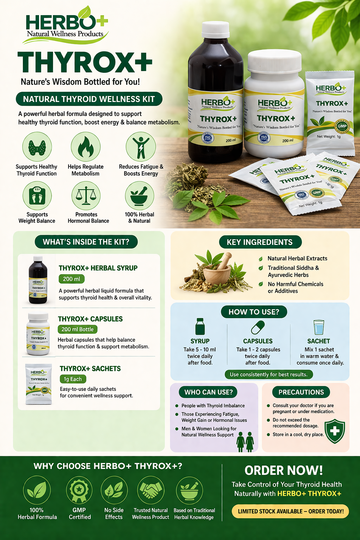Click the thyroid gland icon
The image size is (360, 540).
37,147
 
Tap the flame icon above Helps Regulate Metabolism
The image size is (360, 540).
85,147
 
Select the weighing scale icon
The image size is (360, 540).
37,195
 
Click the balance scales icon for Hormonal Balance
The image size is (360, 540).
86,195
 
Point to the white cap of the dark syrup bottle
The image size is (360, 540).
216,30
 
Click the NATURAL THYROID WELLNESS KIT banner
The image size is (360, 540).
89,99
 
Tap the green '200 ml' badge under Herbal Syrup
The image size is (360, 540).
71,279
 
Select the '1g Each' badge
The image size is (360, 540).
73,379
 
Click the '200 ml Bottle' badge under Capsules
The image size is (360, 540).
77,329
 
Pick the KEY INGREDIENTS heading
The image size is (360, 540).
260,242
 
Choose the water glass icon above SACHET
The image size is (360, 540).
319,327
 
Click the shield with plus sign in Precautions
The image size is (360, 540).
335,431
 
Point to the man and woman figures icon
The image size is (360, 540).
245,442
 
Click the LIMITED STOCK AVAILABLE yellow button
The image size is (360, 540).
290,511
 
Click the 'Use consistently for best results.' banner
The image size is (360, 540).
269,374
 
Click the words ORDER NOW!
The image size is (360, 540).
283,470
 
